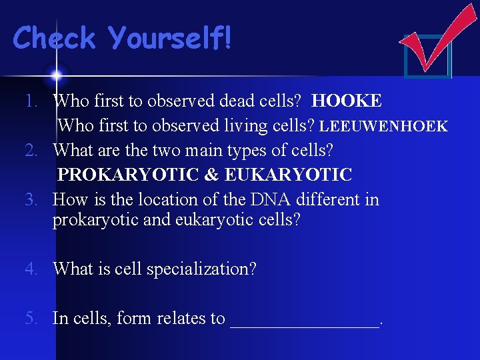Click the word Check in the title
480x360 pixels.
tap(55, 38)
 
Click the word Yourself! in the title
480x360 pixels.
tap(170, 38)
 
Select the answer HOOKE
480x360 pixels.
tap(347, 101)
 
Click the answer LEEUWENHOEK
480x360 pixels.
tap(383, 126)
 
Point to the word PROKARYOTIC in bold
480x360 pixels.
tap(128, 175)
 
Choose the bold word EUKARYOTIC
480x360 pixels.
tap(288, 175)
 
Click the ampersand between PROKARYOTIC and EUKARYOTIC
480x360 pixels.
tap(211, 175)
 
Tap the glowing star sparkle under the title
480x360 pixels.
tap(56, 74)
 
